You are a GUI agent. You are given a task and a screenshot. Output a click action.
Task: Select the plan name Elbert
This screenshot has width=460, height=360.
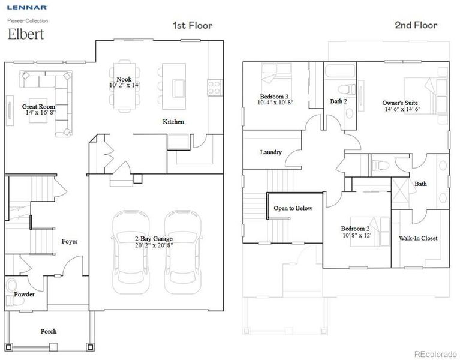tap(25, 34)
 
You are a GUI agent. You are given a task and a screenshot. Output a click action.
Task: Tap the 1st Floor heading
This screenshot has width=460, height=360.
tap(192, 25)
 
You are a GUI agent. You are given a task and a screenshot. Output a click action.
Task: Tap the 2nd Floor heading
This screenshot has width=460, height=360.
tap(416, 25)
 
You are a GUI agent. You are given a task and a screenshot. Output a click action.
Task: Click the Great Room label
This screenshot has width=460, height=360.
tap(39, 106)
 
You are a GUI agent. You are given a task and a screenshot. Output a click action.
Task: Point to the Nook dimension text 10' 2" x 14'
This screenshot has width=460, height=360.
tap(124, 85)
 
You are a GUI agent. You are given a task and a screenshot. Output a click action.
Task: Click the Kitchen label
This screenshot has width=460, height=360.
tap(173, 122)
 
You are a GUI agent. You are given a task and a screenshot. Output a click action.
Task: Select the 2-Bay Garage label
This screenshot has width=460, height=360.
tap(153, 238)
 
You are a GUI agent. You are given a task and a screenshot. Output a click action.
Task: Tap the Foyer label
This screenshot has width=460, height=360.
tap(70, 241)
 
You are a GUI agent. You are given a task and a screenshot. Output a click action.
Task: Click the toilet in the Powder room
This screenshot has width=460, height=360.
tap(13, 288)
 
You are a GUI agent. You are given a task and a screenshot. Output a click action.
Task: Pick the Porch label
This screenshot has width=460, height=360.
tap(49, 331)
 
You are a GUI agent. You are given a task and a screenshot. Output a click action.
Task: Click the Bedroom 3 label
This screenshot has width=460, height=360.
tap(273, 97)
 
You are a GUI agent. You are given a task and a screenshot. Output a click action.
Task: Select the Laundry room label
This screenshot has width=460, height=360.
tap(270, 152)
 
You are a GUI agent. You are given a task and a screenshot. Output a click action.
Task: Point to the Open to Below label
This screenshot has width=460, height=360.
tap(293, 208)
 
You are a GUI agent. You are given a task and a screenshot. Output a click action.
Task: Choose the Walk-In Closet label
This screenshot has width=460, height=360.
tap(418, 238)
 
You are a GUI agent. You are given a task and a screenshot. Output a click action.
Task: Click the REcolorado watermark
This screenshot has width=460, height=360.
tap(435, 353)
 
